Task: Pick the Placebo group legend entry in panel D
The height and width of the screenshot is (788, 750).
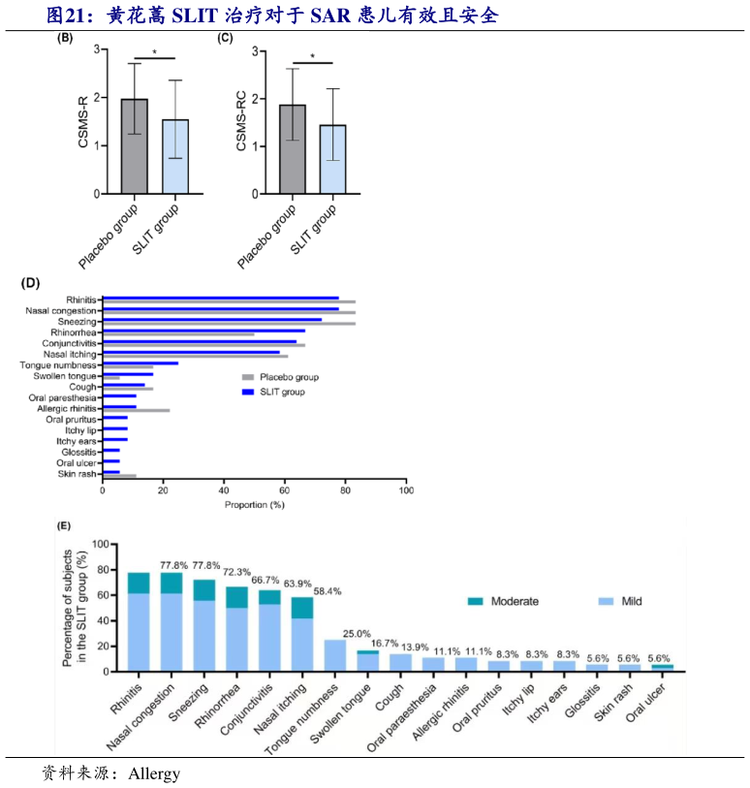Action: [287, 377]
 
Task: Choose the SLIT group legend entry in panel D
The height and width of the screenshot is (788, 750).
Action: [282, 392]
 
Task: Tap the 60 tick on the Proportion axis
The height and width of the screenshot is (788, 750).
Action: [285, 490]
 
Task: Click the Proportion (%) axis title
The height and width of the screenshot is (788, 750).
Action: [254, 505]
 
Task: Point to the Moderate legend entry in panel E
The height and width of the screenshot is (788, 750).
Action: [514, 601]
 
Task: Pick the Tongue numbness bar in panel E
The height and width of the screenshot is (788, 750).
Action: [335, 655]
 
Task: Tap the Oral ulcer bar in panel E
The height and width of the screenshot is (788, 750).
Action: [662, 667]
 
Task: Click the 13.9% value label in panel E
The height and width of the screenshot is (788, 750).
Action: [410, 646]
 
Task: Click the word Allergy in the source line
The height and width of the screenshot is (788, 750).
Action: [154, 773]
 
